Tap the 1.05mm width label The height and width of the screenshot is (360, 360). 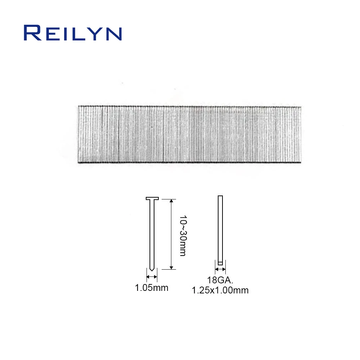click(x=152, y=288)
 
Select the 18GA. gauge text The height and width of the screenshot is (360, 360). click(x=220, y=280)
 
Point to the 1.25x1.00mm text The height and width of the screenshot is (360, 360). click(x=220, y=290)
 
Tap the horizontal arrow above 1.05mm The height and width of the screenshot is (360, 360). click(x=152, y=277)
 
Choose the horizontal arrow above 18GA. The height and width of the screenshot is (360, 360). click(x=220, y=269)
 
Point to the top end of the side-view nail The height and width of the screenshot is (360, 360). click(x=220, y=197)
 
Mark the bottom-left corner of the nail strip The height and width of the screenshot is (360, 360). click(x=78, y=163)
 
